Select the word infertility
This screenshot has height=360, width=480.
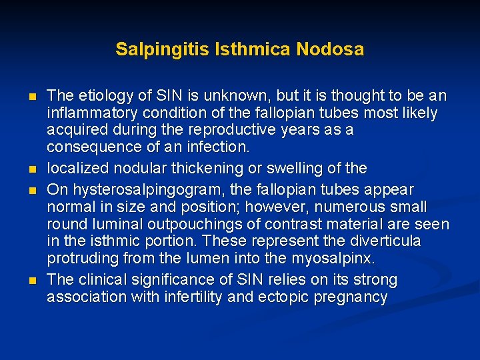pyautogui.click(x=192, y=297)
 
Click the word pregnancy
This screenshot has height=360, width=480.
pyautogui.click(x=348, y=297)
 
